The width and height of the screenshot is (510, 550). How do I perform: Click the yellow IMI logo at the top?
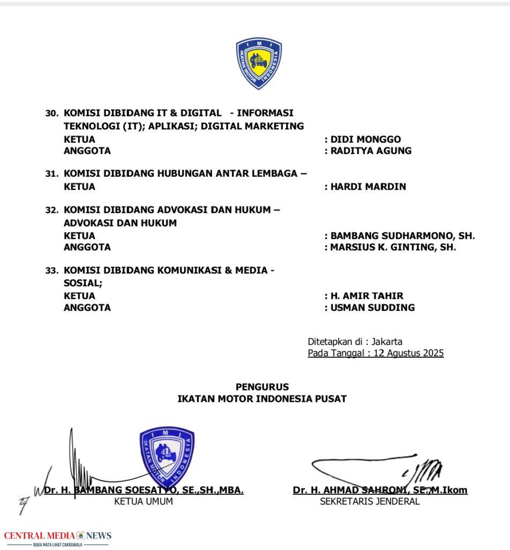[259, 63]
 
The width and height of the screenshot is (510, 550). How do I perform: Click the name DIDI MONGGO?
[366, 139]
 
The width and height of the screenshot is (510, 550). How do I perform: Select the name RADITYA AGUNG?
[371, 151]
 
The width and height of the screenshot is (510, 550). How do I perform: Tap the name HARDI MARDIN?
[368, 187]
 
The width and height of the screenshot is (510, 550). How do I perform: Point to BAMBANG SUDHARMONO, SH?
[403, 236]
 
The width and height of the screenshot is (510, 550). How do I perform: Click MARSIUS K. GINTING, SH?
[393, 248]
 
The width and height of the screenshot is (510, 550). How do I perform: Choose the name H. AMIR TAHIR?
[367, 296]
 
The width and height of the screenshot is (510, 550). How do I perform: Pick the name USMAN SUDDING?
[373, 308]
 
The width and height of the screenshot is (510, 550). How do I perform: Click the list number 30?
[52, 113]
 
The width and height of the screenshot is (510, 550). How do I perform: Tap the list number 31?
[52, 174]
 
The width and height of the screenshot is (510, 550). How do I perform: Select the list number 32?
[52, 211]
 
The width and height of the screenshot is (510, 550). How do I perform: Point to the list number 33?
[52, 271]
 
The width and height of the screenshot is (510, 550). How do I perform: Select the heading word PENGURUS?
[262, 387]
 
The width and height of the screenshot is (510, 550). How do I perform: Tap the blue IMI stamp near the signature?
[166, 454]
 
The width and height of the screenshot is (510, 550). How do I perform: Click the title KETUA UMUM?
[143, 502]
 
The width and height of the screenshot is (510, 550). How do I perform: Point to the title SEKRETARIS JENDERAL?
[370, 502]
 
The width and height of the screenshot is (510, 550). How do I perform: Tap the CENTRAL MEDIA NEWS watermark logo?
[58, 537]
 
